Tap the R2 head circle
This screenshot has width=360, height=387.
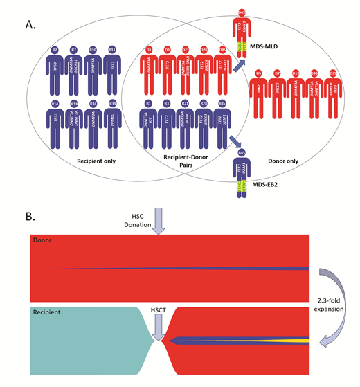click(x=55, y=51)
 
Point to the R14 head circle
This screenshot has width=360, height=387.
click(x=55, y=104)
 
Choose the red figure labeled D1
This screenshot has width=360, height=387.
click(x=149, y=69)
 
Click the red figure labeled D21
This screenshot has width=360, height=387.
click(x=186, y=69)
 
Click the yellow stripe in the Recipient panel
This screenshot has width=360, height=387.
click(x=277, y=340)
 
